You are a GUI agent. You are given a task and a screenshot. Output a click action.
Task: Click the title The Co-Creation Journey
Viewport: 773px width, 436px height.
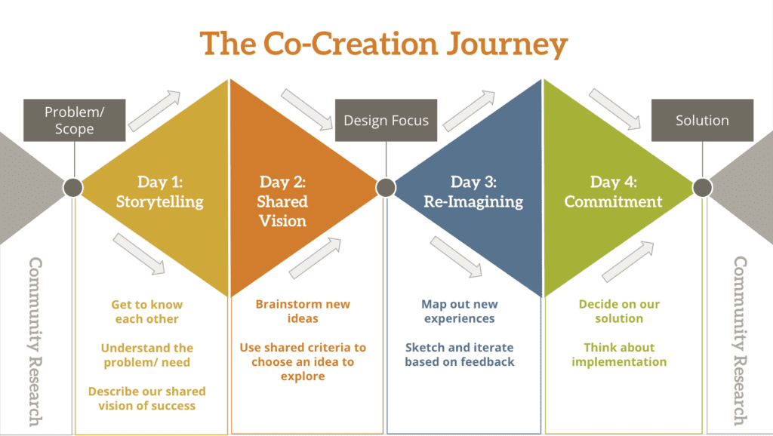383,45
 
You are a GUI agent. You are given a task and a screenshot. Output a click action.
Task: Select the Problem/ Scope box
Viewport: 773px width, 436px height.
74,120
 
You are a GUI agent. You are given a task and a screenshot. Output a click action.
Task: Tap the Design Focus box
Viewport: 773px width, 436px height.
386,120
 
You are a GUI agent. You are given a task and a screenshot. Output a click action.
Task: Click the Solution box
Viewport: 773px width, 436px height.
702,120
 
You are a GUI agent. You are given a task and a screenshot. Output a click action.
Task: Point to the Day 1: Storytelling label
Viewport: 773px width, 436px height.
159,192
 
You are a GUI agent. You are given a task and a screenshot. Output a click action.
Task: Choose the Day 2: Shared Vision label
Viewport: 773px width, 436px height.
282,201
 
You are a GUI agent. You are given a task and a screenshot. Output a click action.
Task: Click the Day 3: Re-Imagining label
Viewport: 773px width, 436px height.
476,192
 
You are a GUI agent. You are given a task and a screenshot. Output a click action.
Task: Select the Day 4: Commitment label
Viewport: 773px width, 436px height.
613,192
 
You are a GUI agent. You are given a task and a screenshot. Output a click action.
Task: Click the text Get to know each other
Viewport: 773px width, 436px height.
147,312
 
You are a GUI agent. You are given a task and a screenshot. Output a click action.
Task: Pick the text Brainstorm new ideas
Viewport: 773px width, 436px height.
303,311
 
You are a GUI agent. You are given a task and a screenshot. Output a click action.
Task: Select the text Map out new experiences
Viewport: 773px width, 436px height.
459,311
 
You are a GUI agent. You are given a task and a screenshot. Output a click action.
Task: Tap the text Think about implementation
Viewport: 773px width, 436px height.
619,355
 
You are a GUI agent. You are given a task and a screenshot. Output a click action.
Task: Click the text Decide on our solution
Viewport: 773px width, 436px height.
619,311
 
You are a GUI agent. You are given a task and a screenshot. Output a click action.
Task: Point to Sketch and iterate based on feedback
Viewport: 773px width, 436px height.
459,355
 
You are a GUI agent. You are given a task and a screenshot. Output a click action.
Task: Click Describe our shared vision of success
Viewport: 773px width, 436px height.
147,398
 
